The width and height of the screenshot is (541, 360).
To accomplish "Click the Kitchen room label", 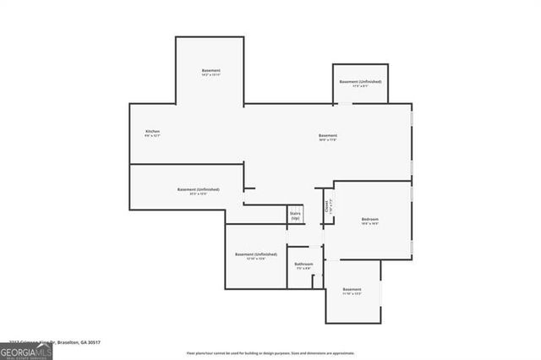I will (x=152, y=132).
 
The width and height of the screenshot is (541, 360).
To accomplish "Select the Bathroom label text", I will (x=303, y=265).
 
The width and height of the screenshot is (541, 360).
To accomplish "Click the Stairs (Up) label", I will (x=295, y=216).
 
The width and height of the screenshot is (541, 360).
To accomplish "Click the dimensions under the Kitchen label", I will (x=152, y=137).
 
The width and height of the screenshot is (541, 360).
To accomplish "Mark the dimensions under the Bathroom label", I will (x=303, y=270).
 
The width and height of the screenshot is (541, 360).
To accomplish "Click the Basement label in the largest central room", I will (x=328, y=135).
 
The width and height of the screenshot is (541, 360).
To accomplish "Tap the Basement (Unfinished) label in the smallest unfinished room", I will (x=360, y=82).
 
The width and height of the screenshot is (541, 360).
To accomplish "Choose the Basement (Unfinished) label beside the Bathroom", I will (x=255, y=254).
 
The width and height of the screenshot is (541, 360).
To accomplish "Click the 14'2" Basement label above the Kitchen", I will (x=210, y=70).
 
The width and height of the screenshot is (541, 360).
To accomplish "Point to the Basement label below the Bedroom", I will (x=352, y=290).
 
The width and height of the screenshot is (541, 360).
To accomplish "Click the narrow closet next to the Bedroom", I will (x=327, y=207).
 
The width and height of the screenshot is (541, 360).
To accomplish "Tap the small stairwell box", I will (x=295, y=215).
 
